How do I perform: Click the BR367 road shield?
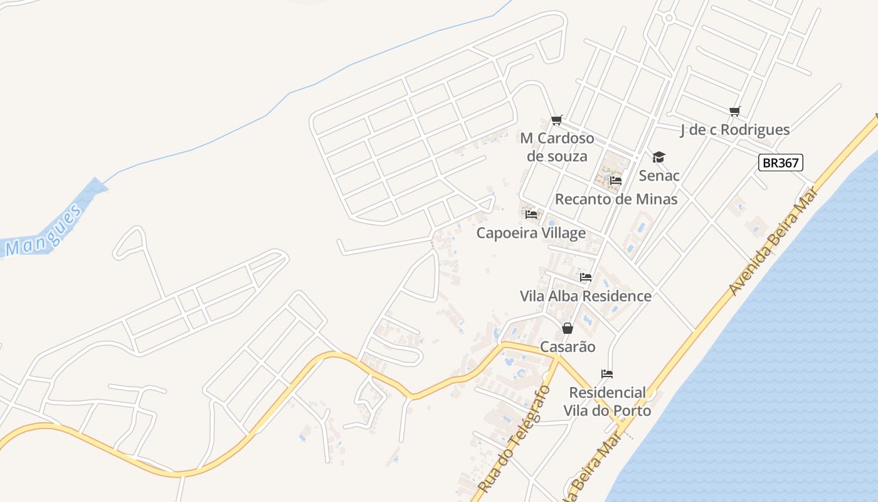coord(780,163)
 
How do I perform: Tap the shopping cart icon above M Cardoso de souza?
coord(556,120)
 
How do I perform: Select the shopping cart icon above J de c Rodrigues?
coord(735,112)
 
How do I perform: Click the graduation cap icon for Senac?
coord(658,157)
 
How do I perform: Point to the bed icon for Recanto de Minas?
coord(616,181)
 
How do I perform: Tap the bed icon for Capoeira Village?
coord(531,215)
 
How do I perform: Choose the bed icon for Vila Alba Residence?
coord(586,277)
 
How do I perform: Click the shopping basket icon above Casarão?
coord(568,328)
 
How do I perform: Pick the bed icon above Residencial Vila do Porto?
coord(607,374)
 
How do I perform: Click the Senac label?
coord(659,175)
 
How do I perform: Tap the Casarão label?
coord(568,347)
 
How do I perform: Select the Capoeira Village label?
coord(531,233)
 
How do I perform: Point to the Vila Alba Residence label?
coord(586,296)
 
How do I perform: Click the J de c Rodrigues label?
coord(735,130)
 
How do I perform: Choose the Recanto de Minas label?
coord(616,199)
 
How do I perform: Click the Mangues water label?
coord(43,230)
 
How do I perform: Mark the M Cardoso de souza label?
coord(557,147)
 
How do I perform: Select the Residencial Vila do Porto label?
coord(607,402)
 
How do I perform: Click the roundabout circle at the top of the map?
coord(669,18)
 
